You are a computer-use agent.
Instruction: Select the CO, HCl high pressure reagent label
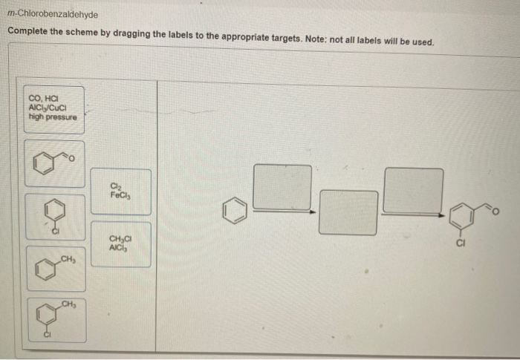[x=53, y=109]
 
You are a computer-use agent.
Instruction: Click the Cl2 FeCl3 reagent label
[x=121, y=192]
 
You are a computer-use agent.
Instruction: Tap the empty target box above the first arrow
[x=282, y=186]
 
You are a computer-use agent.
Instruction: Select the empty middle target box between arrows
[x=348, y=213]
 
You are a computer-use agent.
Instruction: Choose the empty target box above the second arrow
[x=413, y=190]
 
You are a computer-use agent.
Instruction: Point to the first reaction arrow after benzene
[x=282, y=212]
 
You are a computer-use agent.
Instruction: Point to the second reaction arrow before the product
[x=413, y=215]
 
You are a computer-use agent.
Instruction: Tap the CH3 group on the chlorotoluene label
[x=68, y=304]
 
